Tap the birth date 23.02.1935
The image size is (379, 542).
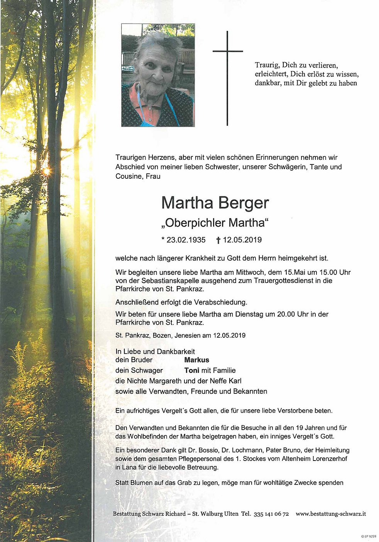186,240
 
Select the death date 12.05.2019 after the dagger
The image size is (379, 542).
242,240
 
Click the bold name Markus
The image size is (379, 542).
196,360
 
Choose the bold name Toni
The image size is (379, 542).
191,370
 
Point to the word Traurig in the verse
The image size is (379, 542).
267,66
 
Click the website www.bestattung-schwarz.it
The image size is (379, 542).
331,514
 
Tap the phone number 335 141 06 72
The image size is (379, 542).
271,514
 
